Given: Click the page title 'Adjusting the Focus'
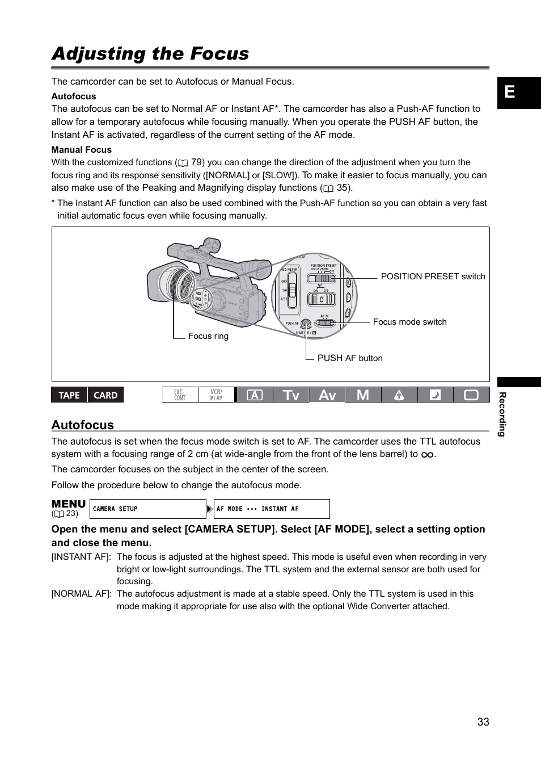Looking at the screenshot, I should coord(150,53).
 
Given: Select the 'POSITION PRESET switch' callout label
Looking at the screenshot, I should coord(433,276).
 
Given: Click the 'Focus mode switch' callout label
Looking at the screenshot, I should coord(409,322).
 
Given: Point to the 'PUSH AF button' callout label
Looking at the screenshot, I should coord(349,358).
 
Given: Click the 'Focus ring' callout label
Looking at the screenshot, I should coord(208,336).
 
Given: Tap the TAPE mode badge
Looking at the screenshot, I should coord(69,395).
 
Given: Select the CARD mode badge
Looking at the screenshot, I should coord(105,395).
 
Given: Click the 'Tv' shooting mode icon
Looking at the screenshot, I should coord(291,395).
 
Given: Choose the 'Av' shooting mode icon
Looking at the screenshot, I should coord(327,395).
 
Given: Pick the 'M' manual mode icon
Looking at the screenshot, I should coord(363,395).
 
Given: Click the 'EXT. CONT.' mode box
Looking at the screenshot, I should coord(180,395).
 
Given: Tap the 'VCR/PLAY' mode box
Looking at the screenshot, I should coord(216,395).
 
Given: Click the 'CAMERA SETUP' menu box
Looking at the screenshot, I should coord(147,509).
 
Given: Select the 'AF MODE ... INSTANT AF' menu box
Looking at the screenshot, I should coord(271,509).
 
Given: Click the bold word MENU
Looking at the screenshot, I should coord(69,504).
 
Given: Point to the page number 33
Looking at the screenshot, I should coord(483,722).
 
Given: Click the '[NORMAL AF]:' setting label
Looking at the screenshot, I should coord(81,594).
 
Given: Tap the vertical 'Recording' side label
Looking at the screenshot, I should coord(502,414).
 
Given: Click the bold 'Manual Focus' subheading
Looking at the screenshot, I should coord(81,150).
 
